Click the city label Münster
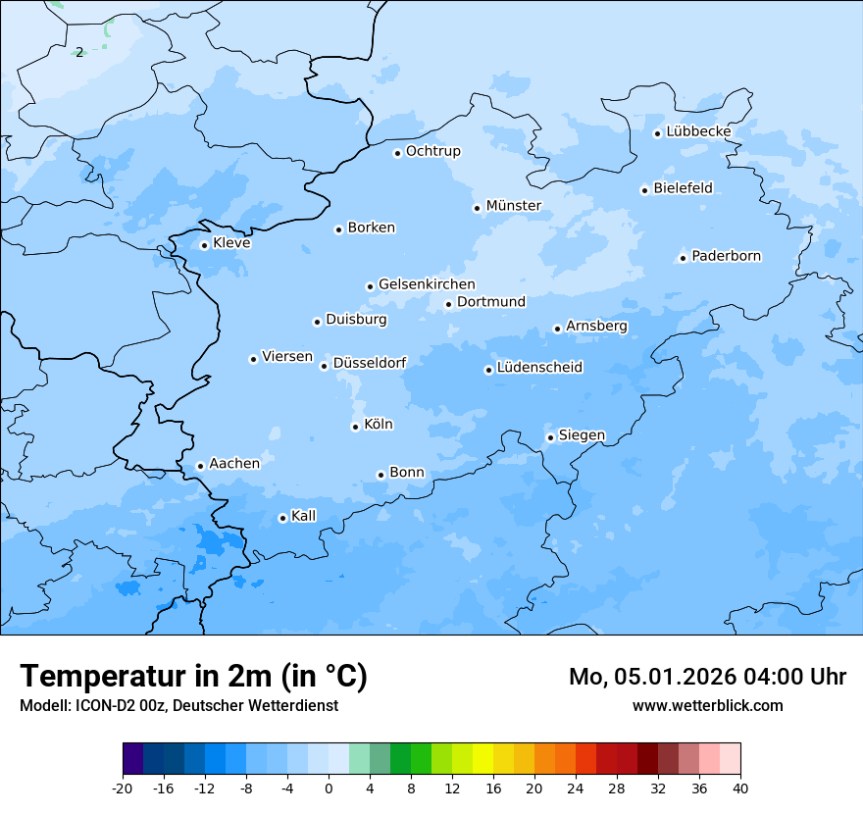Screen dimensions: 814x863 [513, 206]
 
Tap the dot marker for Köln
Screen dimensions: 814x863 [355, 427]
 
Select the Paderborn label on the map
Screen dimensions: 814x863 [726, 257]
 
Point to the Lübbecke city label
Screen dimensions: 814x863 [698, 132]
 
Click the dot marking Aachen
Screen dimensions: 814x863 [200, 467]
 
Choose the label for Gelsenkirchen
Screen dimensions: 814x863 [427, 285]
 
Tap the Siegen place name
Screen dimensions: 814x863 [582, 435]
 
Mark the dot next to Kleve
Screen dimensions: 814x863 [204, 245]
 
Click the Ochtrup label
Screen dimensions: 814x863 [432, 151]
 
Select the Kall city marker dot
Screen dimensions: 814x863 [282, 518]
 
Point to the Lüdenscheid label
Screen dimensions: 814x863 [539, 368]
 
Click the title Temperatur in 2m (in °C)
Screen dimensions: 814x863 [193, 677]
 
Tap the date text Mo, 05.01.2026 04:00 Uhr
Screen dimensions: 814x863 [707, 677]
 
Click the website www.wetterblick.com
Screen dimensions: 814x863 [707, 705]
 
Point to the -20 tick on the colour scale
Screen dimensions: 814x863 [123, 789]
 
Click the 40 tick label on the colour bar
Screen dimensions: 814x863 [740, 789]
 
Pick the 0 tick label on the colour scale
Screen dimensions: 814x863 [329, 789]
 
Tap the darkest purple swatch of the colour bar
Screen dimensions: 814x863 [132, 760]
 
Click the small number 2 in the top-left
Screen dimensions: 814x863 [79, 52]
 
